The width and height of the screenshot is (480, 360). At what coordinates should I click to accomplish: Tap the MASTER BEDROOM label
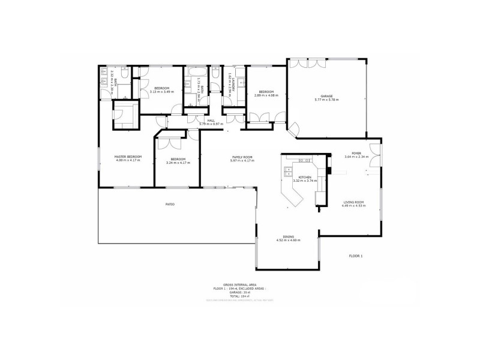point(128,157)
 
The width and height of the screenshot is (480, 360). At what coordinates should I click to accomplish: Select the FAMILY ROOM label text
point(242,157)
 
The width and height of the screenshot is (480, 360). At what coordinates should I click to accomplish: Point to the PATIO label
point(170,205)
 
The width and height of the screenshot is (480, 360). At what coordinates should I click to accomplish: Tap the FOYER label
point(356,153)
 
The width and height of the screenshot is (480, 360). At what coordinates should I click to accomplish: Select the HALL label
point(211,121)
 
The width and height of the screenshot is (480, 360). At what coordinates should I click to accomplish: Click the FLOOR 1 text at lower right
point(356,256)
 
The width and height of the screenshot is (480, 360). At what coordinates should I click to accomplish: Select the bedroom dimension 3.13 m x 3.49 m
point(161,92)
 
